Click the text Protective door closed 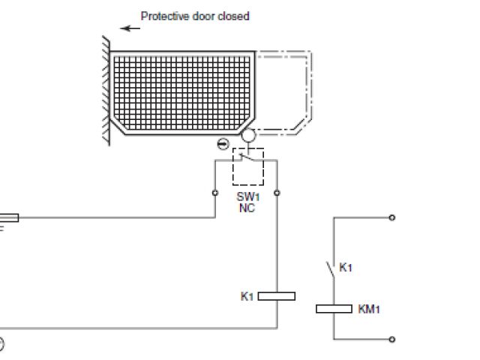[x=195, y=16]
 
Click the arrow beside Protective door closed [x=131, y=28]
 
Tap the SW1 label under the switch [x=246, y=197]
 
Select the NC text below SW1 [x=246, y=208]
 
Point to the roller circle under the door [x=247, y=136]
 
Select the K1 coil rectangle [x=277, y=296]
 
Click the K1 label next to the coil [x=247, y=296]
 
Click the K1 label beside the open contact [x=346, y=267]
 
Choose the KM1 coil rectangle [x=334, y=308]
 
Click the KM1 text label [x=369, y=308]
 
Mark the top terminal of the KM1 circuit [x=392, y=218]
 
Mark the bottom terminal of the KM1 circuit [x=392, y=340]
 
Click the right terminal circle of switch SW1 [x=277, y=193]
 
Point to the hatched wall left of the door [x=106, y=90]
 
